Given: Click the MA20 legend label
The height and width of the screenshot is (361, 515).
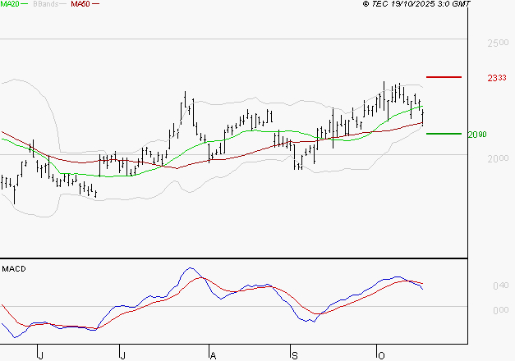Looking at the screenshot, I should [x=10, y=5].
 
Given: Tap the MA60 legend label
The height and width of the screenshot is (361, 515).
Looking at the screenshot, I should [x=80, y=5].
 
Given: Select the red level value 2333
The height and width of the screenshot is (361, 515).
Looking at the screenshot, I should [x=496, y=78].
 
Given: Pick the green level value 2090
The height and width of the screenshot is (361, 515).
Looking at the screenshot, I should [x=478, y=135].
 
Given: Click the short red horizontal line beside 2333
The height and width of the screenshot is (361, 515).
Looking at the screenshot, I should [x=444, y=77].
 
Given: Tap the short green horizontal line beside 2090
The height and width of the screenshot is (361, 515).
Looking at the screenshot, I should [x=444, y=133].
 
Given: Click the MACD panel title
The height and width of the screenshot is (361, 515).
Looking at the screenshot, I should [x=15, y=268].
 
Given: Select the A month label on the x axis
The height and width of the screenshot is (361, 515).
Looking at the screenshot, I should [x=212, y=354].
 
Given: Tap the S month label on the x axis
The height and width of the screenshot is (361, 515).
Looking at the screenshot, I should [x=294, y=354].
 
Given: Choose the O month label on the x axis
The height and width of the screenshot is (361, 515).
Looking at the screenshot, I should [x=380, y=354].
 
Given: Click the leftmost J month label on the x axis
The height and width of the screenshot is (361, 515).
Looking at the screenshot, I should [x=40, y=354].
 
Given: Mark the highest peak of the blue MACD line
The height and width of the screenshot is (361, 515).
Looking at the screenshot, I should [x=190, y=268].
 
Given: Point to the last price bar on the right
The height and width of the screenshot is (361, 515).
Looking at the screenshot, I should [x=422, y=117].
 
